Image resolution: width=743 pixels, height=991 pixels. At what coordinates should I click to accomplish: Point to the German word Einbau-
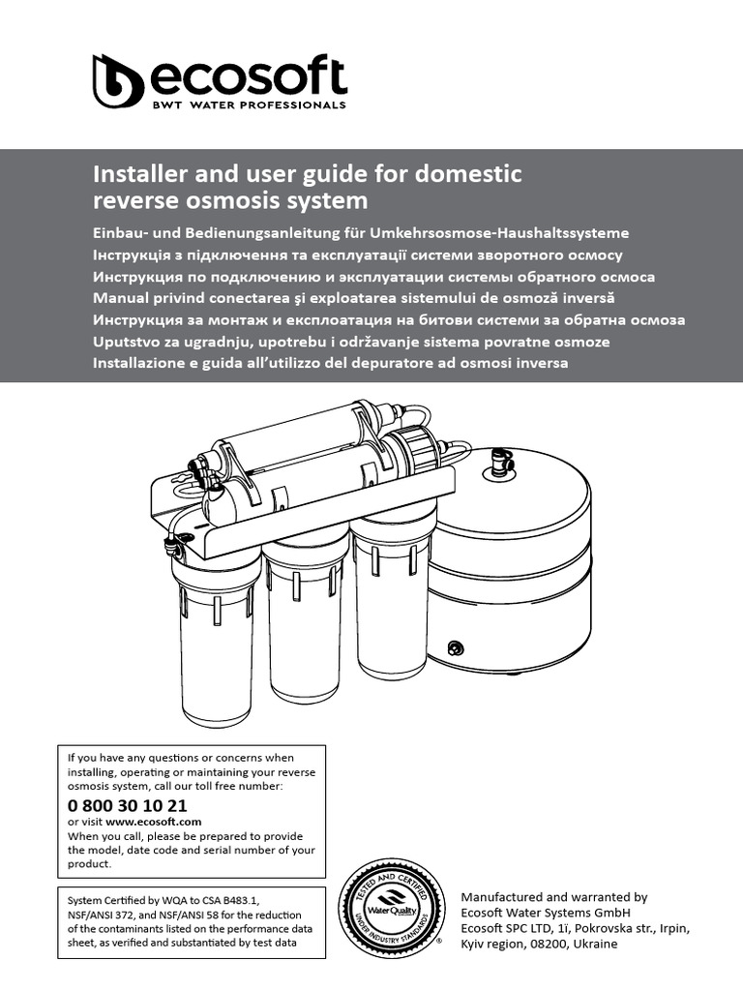pyautogui.click(x=124, y=233)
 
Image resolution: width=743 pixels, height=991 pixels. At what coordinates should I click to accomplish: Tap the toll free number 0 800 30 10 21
pyautogui.click(x=128, y=805)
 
